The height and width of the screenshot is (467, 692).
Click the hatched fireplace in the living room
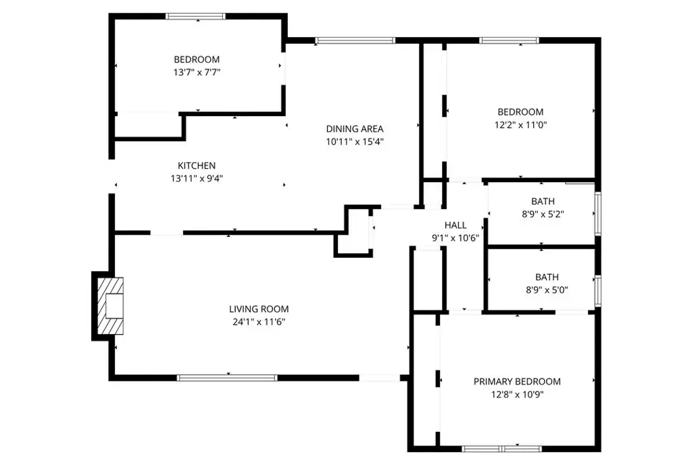pos(110,306)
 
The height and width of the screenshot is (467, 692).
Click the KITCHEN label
pos(197,165)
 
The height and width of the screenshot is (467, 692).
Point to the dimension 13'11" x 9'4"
pos(197,179)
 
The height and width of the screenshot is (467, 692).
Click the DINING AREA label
pos(355,129)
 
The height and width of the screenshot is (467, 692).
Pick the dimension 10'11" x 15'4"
pos(355,142)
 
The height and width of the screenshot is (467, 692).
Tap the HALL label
pos(455,225)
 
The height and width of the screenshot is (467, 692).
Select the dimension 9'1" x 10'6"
pos(455,238)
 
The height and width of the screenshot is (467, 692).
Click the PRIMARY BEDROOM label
pos(517,381)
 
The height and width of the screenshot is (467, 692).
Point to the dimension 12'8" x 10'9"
pos(517,394)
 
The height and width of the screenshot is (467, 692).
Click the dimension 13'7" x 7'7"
pos(197,72)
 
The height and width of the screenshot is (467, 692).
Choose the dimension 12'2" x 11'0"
pos(520,125)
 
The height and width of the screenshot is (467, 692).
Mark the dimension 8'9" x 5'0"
pos(543,290)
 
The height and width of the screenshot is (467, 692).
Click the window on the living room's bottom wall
pos(227,378)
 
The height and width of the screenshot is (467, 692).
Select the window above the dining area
pos(355,40)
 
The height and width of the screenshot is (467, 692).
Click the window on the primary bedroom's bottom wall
pos(501,448)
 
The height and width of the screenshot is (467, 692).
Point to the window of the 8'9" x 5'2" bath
pos(597,214)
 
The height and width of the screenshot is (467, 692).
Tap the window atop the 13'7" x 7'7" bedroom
pos(196,16)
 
